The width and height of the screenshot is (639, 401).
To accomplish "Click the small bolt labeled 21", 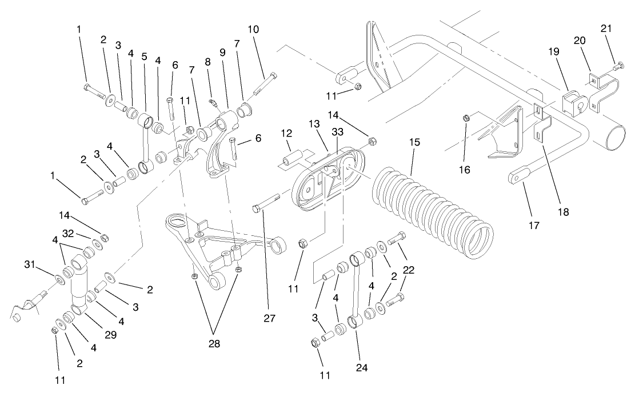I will point(616,67).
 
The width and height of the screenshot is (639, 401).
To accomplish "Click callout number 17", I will point(533,226).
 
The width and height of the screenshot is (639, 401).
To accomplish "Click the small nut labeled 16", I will point(466,118).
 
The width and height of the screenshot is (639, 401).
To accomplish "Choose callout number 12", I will point(287,133).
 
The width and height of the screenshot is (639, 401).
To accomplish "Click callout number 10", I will point(254,29).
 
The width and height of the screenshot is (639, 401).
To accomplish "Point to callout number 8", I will point(207,61).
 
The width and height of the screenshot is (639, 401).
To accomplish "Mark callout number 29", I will point(110,335).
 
